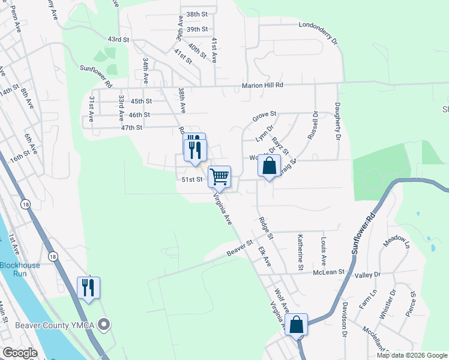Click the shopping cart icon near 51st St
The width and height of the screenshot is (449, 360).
(220, 176)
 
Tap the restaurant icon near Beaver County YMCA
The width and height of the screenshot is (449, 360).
(88, 288)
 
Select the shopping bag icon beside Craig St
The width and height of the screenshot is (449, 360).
(270, 166)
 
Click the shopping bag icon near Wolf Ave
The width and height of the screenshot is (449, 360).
(297, 325)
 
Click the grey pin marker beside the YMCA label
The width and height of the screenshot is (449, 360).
(104, 326)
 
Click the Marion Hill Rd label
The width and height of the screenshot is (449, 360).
(262, 86)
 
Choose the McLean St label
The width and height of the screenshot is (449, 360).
(329, 272)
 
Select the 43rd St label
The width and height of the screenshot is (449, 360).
(119, 40)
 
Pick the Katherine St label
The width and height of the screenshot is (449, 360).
(300, 251)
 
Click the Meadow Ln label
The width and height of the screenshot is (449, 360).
(396, 241)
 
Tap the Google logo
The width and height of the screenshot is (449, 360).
(20, 353)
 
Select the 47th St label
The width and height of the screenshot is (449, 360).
(131, 128)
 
